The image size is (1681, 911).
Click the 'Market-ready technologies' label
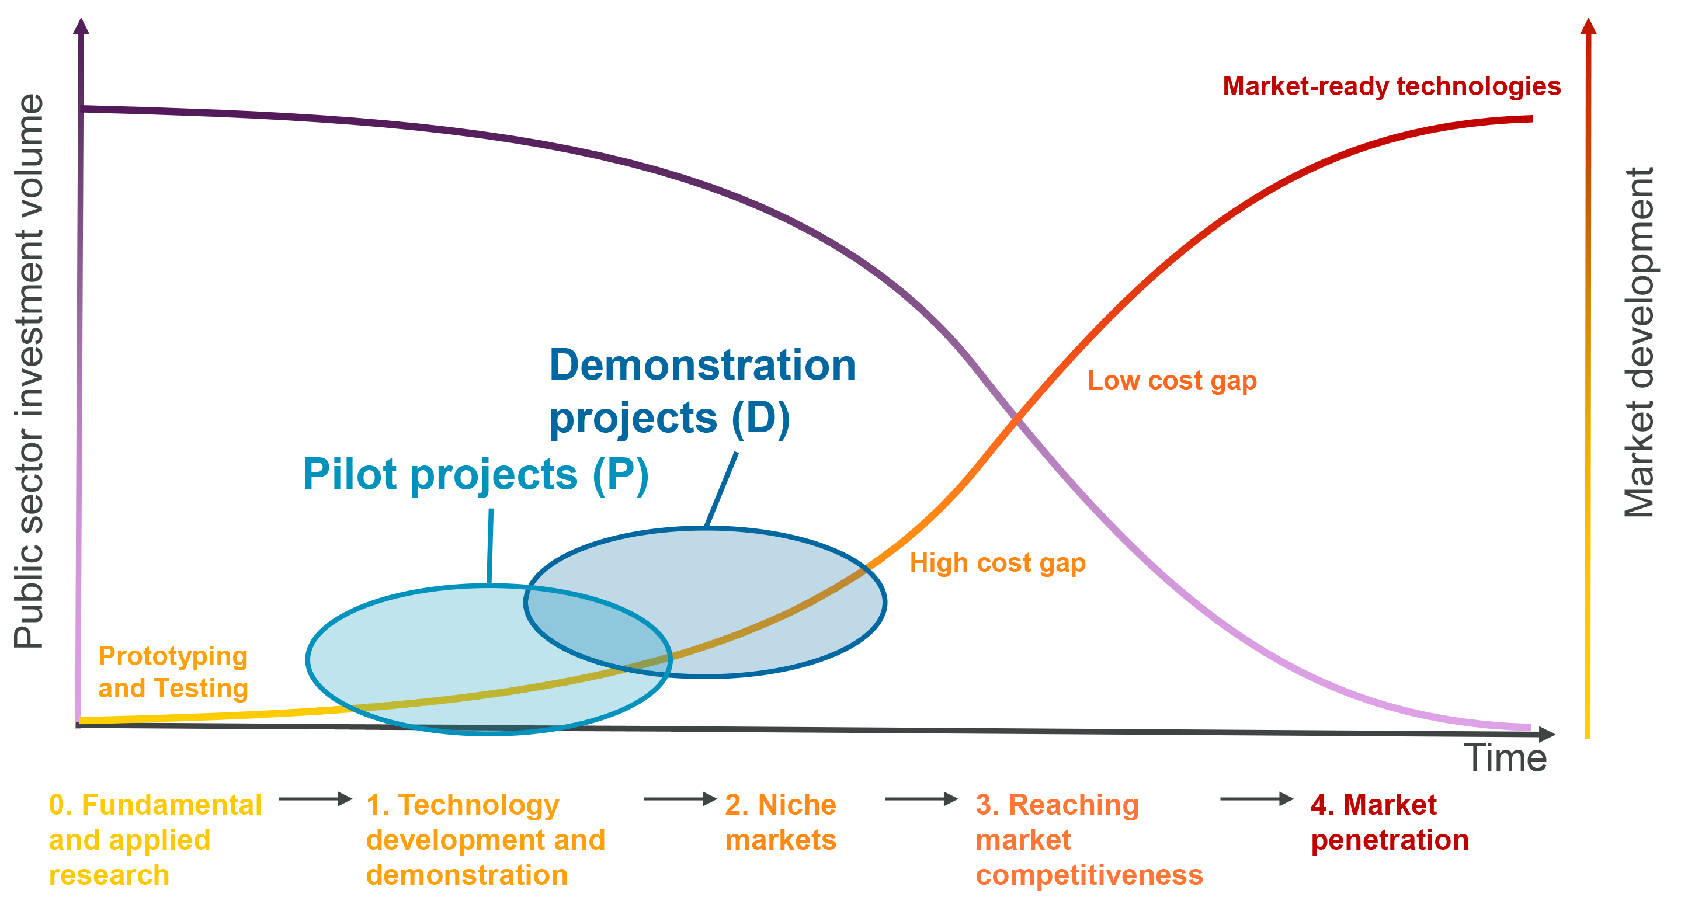click(x=1391, y=87)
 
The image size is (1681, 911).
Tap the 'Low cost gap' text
click(x=1172, y=381)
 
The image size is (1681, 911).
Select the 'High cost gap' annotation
click(x=998, y=563)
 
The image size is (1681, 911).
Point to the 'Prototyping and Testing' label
click(x=173, y=672)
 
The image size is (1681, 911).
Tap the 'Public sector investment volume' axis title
click(x=29, y=371)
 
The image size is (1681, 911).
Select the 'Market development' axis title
click(x=1638, y=343)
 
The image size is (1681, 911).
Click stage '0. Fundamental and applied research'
click(x=155, y=840)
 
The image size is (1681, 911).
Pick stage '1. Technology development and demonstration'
click(x=485, y=840)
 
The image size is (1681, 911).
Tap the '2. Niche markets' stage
click(x=780, y=822)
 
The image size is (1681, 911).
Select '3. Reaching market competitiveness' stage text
click(x=1089, y=840)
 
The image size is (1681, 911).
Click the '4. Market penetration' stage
click(x=1390, y=822)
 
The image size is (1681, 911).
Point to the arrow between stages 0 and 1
click(x=316, y=799)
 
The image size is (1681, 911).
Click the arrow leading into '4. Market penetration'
click(x=1257, y=799)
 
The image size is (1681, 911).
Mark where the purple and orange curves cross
click(x=1016, y=419)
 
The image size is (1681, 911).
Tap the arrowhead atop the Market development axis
click(x=1588, y=26)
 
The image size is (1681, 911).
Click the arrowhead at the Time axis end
click(x=1547, y=734)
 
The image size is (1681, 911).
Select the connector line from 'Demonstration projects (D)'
click(x=721, y=489)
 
